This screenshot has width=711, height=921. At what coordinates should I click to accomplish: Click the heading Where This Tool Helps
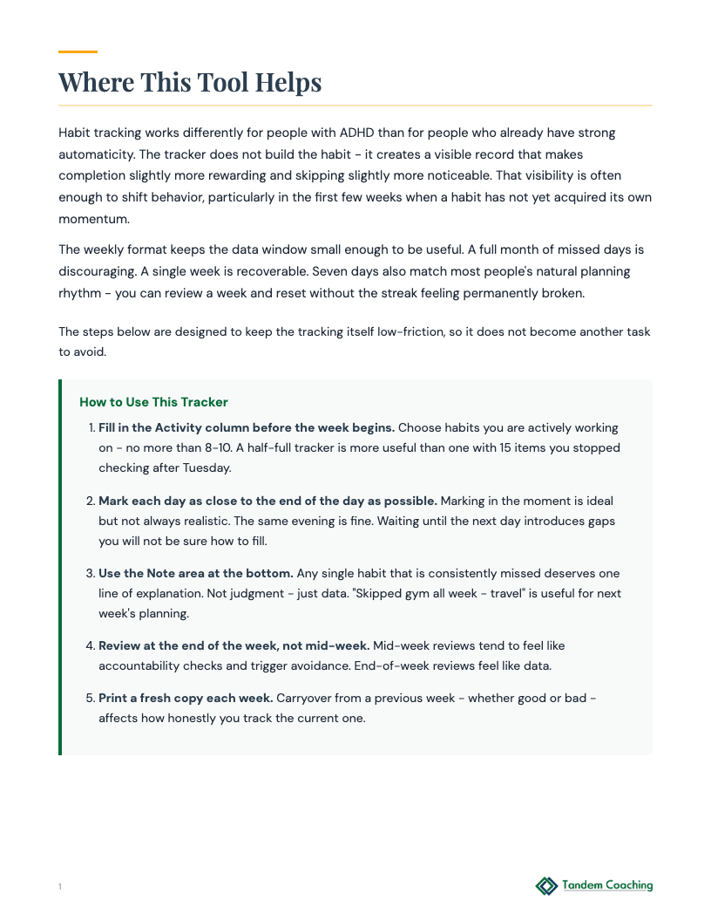pyautogui.click(x=190, y=82)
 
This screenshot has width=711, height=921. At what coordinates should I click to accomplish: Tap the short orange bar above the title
pyautogui.click(x=78, y=52)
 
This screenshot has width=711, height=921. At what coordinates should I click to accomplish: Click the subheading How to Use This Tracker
pyautogui.click(x=153, y=402)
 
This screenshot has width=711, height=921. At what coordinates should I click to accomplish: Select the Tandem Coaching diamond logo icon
pyautogui.click(x=546, y=886)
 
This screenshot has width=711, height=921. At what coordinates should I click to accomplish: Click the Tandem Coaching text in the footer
pyautogui.click(x=607, y=885)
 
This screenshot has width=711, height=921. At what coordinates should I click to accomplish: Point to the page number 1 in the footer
pyautogui.click(x=60, y=887)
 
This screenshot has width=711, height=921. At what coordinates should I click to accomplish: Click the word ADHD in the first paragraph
pyautogui.click(x=378, y=133)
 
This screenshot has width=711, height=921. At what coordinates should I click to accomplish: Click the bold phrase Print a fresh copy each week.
pyautogui.click(x=186, y=699)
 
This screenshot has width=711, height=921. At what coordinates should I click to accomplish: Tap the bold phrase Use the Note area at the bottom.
pyautogui.click(x=196, y=574)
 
